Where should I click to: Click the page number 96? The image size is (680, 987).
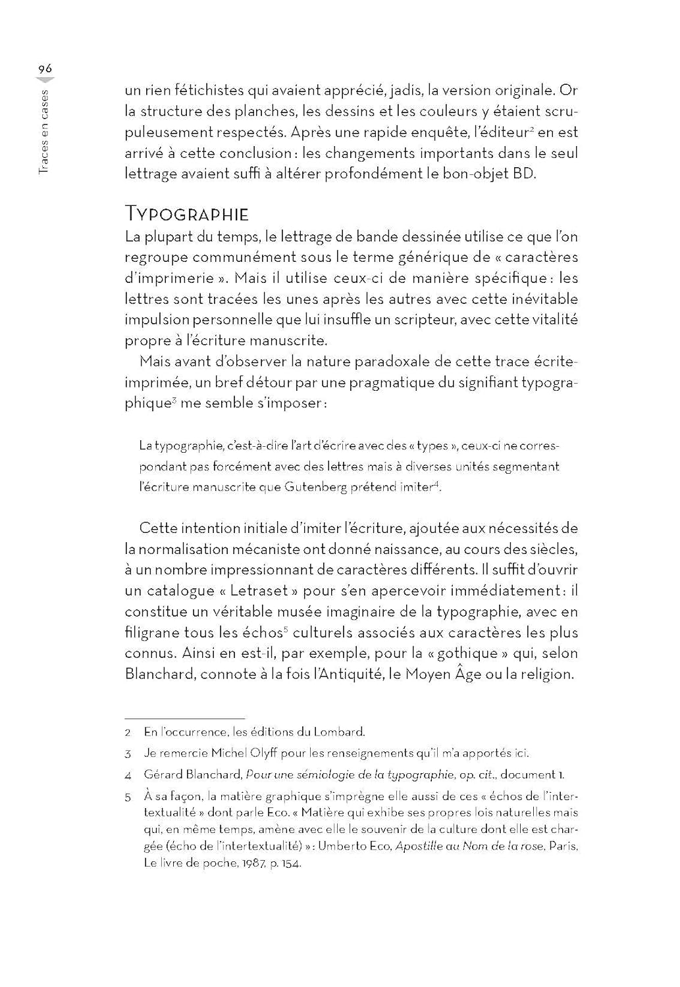tap(45, 69)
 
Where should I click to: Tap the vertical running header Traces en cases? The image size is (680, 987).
tap(43, 131)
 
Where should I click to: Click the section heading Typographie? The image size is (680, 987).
tap(187, 214)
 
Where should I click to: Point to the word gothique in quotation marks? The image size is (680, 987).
tap(467, 653)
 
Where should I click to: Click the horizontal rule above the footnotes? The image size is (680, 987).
tap(184, 718)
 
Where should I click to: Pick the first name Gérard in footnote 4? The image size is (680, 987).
tap(163, 775)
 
